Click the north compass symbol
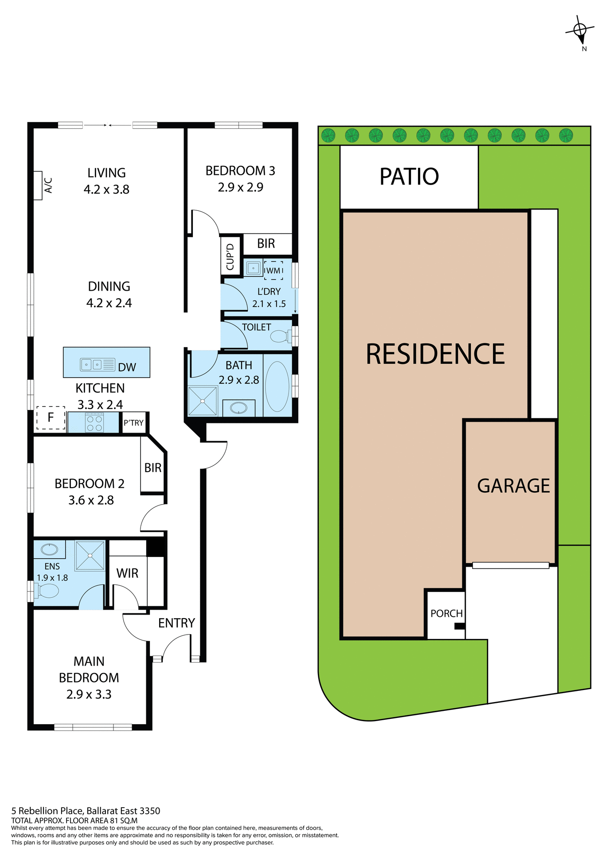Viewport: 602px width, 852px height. (x=579, y=30)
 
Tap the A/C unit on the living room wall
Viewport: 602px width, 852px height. (x=38, y=185)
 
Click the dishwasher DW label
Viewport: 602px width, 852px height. (x=127, y=367)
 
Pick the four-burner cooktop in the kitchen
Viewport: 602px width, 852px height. (x=94, y=422)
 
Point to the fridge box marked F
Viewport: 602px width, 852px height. (x=51, y=417)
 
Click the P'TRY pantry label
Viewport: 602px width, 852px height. (x=133, y=423)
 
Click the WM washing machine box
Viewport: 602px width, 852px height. (x=273, y=270)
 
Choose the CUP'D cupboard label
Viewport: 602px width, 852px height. (x=230, y=257)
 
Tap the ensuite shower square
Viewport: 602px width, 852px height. (x=90, y=555)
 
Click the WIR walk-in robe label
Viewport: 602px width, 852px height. (x=127, y=573)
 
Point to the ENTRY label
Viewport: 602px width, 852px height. (x=176, y=623)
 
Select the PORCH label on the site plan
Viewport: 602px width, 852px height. (x=446, y=613)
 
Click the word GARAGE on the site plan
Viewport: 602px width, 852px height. (x=513, y=486)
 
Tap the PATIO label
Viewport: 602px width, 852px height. (x=409, y=177)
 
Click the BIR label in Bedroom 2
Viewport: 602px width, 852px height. (x=153, y=468)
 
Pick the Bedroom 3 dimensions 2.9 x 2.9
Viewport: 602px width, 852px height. (x=240, y=187)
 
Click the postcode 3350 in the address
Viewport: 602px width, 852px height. (x=149, y=811)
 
